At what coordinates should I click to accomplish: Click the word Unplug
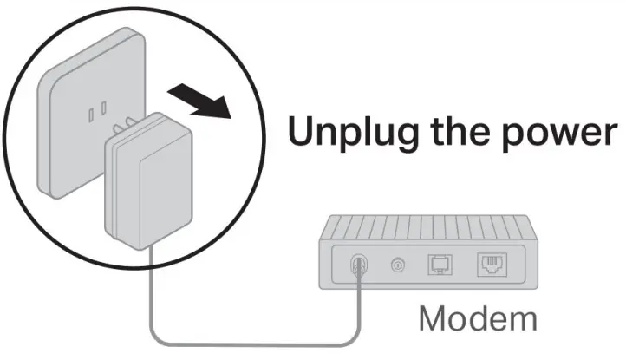click(x=354, y=133)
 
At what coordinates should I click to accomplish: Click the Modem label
click(x=478, y=318)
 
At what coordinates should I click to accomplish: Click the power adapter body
click(x=148, y=182)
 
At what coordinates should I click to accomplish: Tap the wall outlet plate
click(x=91, y=113)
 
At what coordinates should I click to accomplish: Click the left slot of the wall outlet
click(x=91, y=115)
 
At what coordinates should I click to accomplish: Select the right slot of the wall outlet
click(x=104, y=108)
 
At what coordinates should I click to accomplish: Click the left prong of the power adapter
click(x=116, y=129)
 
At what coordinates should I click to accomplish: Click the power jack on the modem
click(x=358, y=264)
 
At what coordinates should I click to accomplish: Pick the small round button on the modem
click(x=398, y=265)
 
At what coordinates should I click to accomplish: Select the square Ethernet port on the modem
click(x=440, y=264)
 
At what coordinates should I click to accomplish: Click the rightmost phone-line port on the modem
click(x=492, y=264)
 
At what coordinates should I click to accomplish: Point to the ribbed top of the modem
click(x=428, y=227)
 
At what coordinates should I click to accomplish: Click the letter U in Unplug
click(x=303, y=131)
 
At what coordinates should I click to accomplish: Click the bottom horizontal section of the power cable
click(x=256, y=344)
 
